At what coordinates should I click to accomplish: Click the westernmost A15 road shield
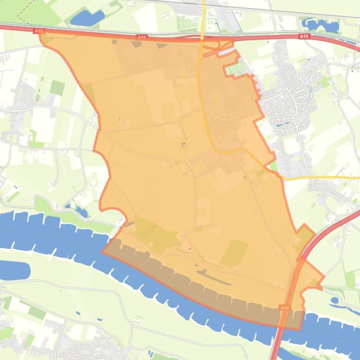pyautogui.click(x=39, y=31)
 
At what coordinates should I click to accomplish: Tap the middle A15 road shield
pyautogui.click(x=142, y=37)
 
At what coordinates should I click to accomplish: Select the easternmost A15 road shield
pyautogui.click(x=304, y=36)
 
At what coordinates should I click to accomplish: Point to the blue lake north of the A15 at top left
pyautogui.click(x=87, y=18)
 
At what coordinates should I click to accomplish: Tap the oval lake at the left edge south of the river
pyautogui.click(x=14, y=270)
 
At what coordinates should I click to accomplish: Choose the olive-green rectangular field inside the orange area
pyautogui.click(x=235, y=252)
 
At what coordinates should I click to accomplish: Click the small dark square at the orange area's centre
pyautogui.click(x=183, y=145)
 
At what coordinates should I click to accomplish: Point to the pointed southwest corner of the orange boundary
pyautogui.click(x=102, y=252)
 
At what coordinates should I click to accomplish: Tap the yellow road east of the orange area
pyautogui.click(x=323, y=178)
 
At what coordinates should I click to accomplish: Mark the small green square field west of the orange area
pyautogui.click(x=57, y=88)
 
